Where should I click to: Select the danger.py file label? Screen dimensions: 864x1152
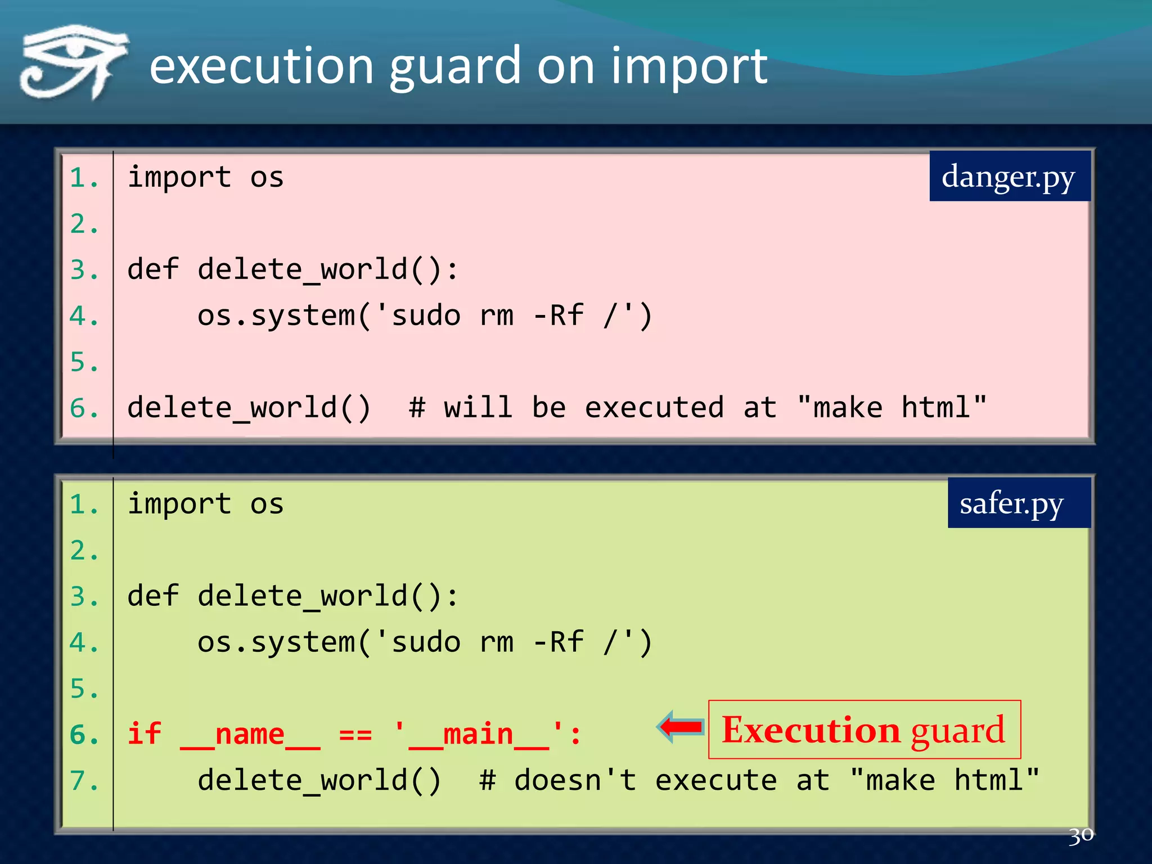click(1009, 177)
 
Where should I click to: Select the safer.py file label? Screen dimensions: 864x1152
click(1011, 503)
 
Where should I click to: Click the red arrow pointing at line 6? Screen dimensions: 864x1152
click(680, 727)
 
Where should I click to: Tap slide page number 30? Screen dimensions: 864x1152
click(1081, 835)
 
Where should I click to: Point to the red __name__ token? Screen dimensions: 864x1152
click(250, 735)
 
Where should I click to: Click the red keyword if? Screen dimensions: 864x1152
click(145, 735)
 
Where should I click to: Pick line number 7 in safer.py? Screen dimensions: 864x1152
click(83, 781)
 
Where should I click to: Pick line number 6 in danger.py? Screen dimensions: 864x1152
click(83, 408)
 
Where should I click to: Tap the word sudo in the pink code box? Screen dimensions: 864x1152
click(426, 316)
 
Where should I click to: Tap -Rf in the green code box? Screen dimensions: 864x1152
click(558, 642)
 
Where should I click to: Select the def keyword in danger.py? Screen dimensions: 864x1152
click(153, 269)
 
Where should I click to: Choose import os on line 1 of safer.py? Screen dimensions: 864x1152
click(205, 503)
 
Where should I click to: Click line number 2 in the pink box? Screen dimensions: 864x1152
click(83, 224)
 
